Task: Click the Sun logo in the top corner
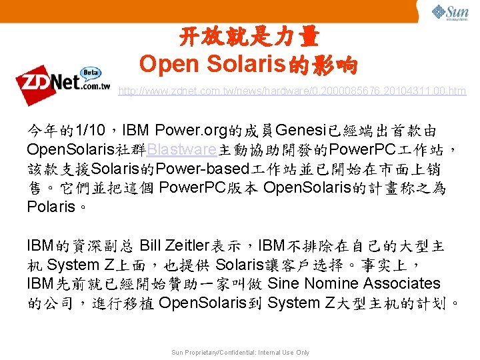coord(450,13)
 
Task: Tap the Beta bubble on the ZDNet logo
coord(91,73)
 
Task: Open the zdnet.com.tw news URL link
coord(292,91)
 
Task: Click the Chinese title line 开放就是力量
coord(249,37)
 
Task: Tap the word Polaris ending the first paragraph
coord(51,207)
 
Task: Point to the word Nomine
coord(333,284)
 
